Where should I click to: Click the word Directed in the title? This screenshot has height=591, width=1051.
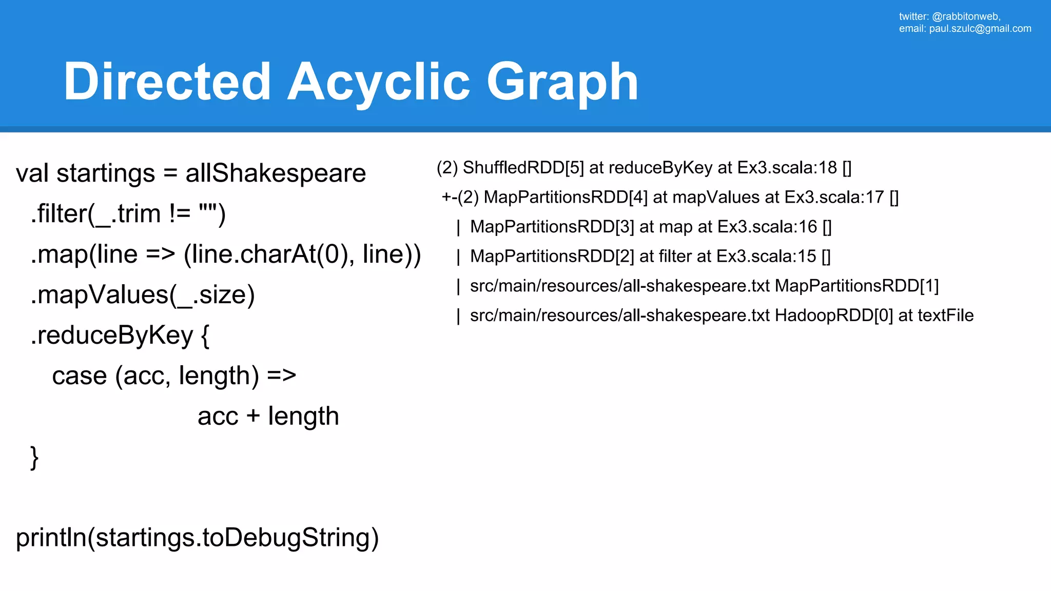point(167,82)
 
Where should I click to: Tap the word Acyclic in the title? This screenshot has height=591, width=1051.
point(379,82)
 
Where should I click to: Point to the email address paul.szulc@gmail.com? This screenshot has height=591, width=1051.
point(980,29)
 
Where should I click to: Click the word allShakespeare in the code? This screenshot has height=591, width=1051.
point(276,173)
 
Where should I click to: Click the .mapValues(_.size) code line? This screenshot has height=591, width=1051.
point(143,294)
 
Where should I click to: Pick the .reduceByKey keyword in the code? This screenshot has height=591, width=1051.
point(112,335)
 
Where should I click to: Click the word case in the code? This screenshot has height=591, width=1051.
point(80,376)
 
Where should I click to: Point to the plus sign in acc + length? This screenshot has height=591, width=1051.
point(253,416)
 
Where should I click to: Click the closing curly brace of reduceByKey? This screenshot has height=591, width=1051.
point(34,457)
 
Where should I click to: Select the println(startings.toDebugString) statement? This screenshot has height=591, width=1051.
point(198,538)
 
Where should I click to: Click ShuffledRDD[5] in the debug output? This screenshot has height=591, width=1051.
point(523,168)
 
